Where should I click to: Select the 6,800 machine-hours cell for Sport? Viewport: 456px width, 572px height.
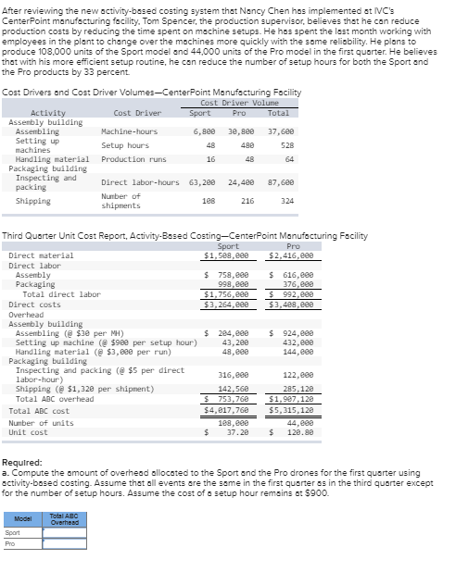204,131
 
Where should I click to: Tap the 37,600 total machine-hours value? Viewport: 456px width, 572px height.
281,131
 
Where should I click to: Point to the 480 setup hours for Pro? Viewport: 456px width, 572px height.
247,145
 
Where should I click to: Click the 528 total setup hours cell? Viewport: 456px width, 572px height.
286,145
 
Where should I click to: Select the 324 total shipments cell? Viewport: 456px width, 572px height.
286,200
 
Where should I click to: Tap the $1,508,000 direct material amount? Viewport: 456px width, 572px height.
226,255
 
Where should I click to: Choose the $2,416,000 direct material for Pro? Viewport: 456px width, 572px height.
291,255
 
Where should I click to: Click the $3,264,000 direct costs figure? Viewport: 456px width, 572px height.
226,304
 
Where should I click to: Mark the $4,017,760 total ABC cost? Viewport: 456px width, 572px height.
226,410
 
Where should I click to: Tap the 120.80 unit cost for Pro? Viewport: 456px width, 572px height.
299,431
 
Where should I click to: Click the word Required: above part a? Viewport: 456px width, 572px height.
21,461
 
